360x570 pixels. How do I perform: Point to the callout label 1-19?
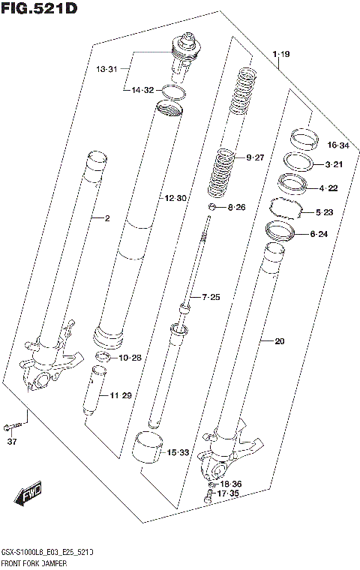[281, 53]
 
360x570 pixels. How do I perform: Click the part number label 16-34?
[338, 145]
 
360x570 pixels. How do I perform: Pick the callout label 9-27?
[256, 157]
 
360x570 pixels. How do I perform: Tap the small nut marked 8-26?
[214, 206]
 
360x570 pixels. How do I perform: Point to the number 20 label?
[280, 342]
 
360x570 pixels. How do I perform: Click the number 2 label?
[107, 219]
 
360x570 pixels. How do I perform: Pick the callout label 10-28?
[130, 358]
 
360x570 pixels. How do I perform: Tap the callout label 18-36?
[231, 484]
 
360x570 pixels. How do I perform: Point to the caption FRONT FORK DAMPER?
[36, 562]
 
